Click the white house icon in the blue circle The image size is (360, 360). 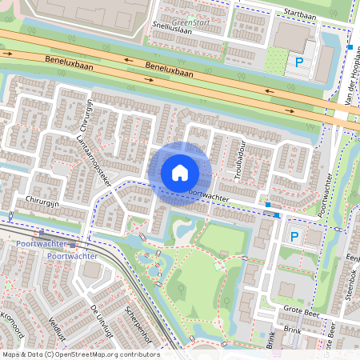point(179,172)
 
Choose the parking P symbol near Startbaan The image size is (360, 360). point(300,62)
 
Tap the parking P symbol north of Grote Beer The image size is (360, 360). point(294,236)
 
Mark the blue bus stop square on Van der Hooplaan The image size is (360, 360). point(350,47)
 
